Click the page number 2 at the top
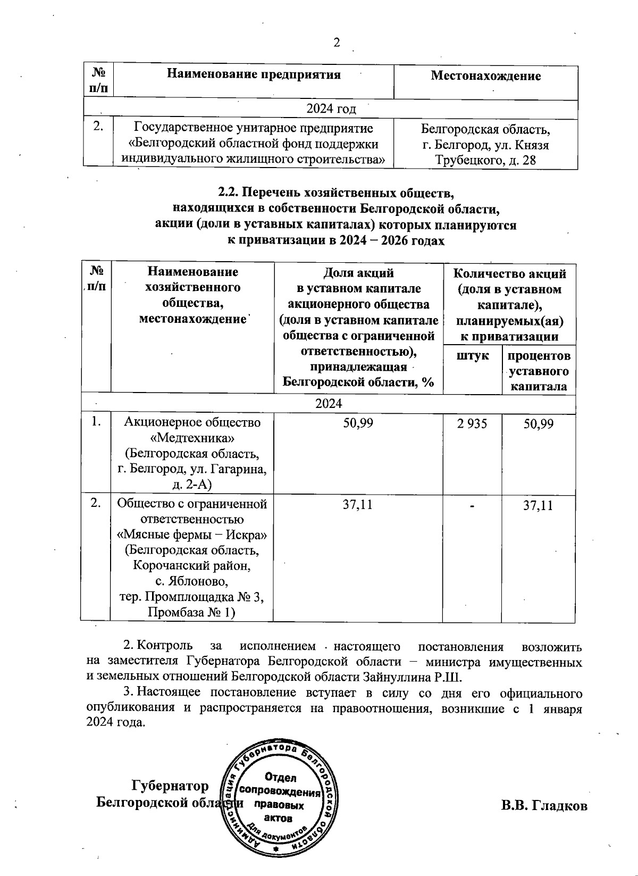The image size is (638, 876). point(336,43)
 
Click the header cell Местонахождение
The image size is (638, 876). point(485,76)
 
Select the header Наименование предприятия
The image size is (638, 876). point(254,74)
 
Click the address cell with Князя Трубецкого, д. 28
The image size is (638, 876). point(485,152)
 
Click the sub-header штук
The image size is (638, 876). point(473,355)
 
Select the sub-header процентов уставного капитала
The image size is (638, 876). point(538,371)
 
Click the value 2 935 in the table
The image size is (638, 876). point(472,424)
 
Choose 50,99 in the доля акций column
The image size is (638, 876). point(358,424)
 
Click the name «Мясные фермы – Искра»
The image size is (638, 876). point(192,534)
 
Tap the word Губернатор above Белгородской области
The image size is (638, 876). point(170,786)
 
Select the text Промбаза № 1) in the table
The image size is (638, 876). point(192,613)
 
